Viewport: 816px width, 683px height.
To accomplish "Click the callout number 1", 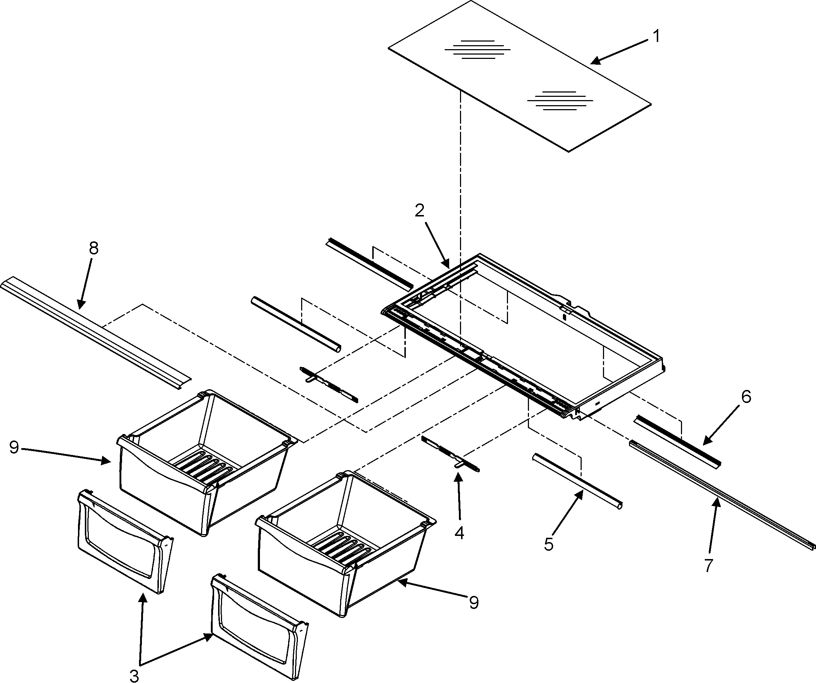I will [x=656, y=36].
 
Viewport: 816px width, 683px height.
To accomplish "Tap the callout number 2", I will [x=419, y=211].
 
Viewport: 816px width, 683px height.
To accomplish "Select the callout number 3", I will [x=134, y=676].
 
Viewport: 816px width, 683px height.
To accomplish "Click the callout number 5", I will [x=549, y=545].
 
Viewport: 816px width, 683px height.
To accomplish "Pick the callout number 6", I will [x=746, y=397].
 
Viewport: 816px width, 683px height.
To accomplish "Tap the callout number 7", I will [x=708, y=566].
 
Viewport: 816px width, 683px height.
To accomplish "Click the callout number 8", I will [x=94, y=248].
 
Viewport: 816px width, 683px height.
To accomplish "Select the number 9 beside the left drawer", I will [x=14, y=447].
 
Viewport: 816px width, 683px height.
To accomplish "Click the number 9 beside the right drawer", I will [x=474, y=602].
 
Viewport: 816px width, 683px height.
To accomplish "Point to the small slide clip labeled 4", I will [x=451, y=453].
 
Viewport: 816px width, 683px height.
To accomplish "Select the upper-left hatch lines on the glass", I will [x=477, y=50].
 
